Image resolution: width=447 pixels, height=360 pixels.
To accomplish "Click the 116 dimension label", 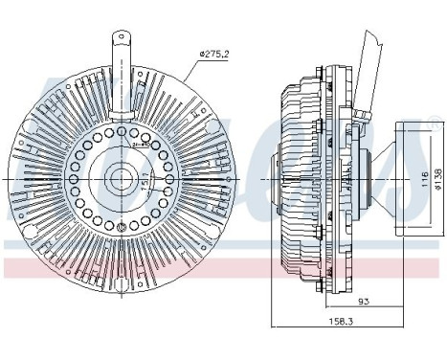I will tap(422, 178).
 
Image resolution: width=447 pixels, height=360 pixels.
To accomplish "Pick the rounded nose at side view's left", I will tap(269, 178).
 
